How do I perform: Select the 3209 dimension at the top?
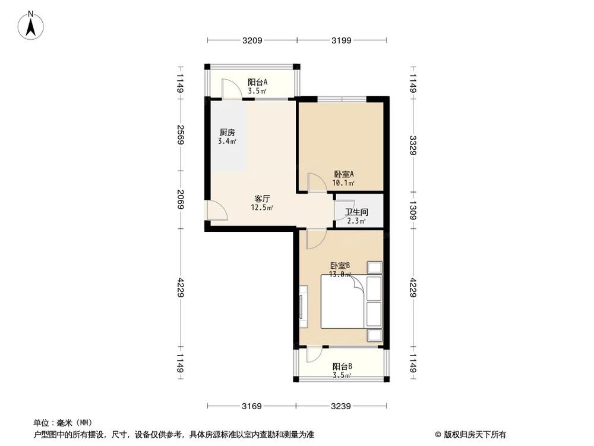[x=252, y=40]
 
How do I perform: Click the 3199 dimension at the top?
[x=342, y=40]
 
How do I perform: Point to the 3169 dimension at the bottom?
[x=252, y=406]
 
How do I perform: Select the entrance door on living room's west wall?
[x=215, y=211]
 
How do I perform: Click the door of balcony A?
[x=231, y=89]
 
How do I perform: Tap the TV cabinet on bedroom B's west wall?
[x=303, y=306]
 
